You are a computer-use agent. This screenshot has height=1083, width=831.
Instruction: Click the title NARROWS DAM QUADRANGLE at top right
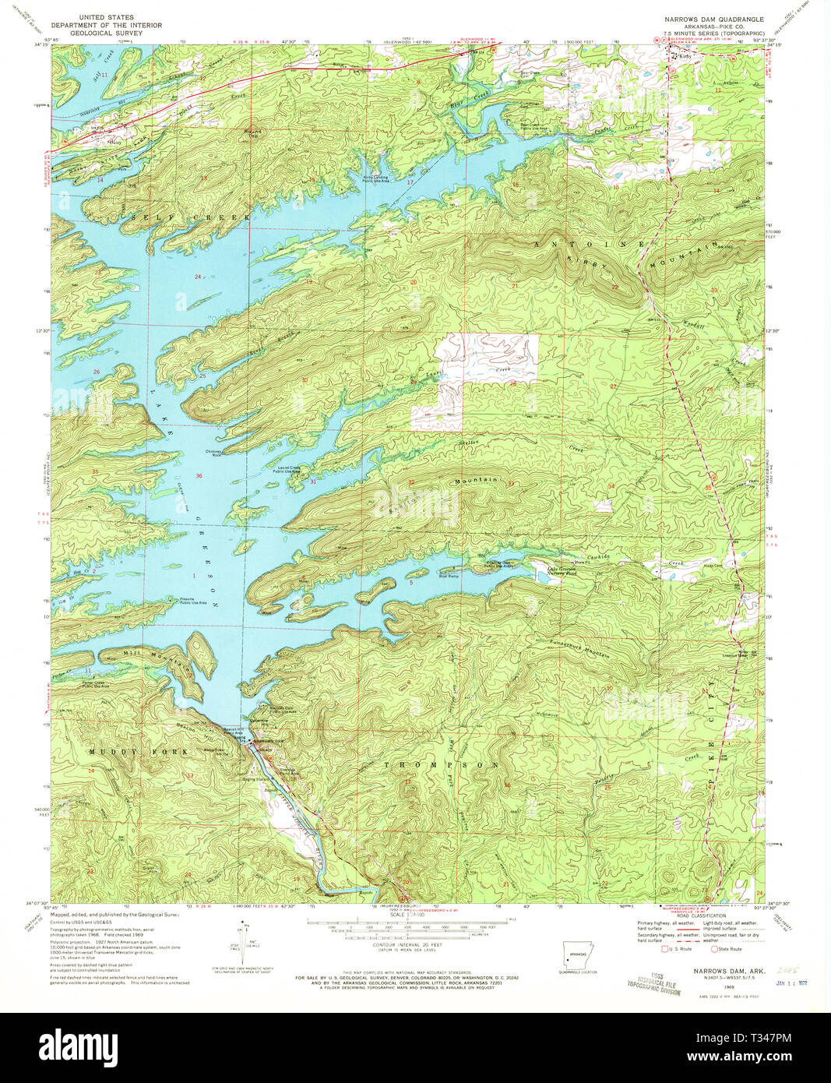pos(713,18)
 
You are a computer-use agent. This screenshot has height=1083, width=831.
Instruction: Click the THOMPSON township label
pos(442,765)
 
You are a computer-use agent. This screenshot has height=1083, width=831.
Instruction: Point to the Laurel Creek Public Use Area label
pos(286,470)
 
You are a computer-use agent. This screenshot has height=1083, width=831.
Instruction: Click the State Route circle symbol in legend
pos(714,949)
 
